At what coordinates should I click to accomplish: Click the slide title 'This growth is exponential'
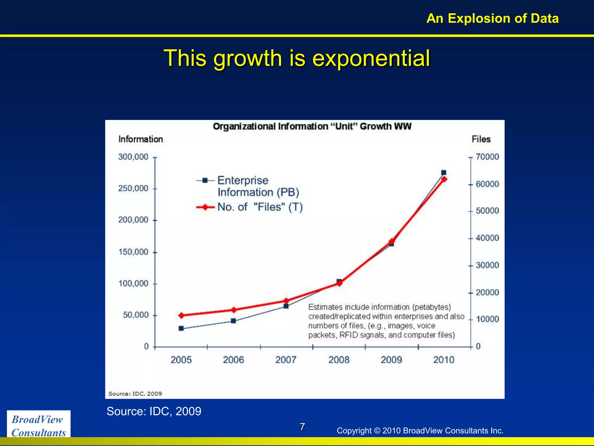pos(297,58)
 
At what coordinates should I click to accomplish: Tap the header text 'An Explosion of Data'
pos(492,18)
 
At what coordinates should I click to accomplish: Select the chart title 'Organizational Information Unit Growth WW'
pos(312,126)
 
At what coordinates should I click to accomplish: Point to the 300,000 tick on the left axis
pos(133,157)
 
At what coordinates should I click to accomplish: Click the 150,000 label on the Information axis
pos(133,252)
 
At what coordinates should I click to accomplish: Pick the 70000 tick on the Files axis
pos(487,157)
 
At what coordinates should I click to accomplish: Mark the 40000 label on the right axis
pos(487,238)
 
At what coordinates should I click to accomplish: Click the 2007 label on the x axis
pos(286,360)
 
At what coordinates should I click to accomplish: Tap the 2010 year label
pos(443,360)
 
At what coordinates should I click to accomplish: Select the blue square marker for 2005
pos(181,328)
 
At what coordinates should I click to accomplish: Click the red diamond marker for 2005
pos(182,315)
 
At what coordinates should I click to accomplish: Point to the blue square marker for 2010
pos(443,172)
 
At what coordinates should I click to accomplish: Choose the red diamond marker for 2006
pos(234,310)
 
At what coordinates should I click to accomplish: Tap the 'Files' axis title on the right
pos(481,139)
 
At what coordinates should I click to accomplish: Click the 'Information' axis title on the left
pos(141,139)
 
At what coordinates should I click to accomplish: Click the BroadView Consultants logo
pos(39,425)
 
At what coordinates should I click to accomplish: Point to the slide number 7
pos(302,427)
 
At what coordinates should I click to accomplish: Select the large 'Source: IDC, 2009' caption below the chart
pos(154,411)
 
